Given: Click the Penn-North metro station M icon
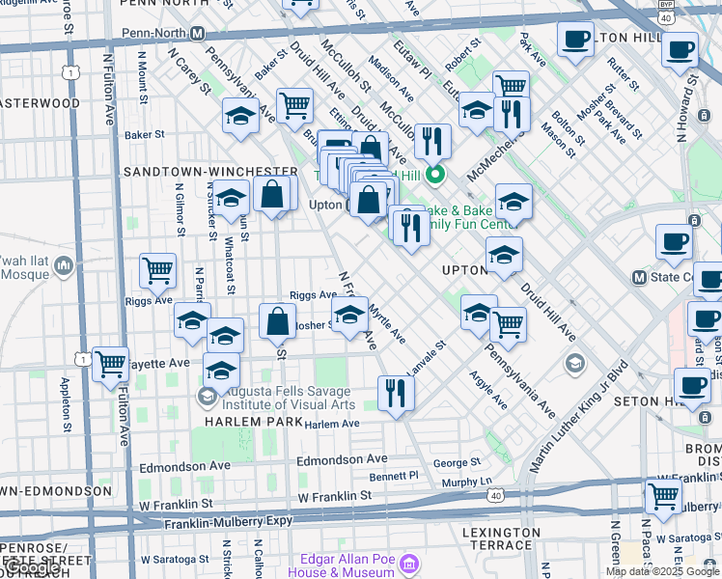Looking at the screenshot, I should [x=197, y=34].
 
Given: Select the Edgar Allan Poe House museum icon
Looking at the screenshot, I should [x=408, y=563].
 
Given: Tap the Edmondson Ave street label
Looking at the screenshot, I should [x=343, y=460].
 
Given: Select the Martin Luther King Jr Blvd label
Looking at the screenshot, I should [x=579, y=415].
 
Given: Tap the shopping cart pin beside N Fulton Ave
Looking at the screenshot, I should [x=110, y=365].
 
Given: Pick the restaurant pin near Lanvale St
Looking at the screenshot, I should [x=396, y=392].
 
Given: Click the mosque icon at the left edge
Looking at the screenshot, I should [x=64, y=263].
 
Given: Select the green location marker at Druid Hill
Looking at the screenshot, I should [x=435, y=175].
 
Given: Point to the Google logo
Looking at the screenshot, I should [x=33, y=567].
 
